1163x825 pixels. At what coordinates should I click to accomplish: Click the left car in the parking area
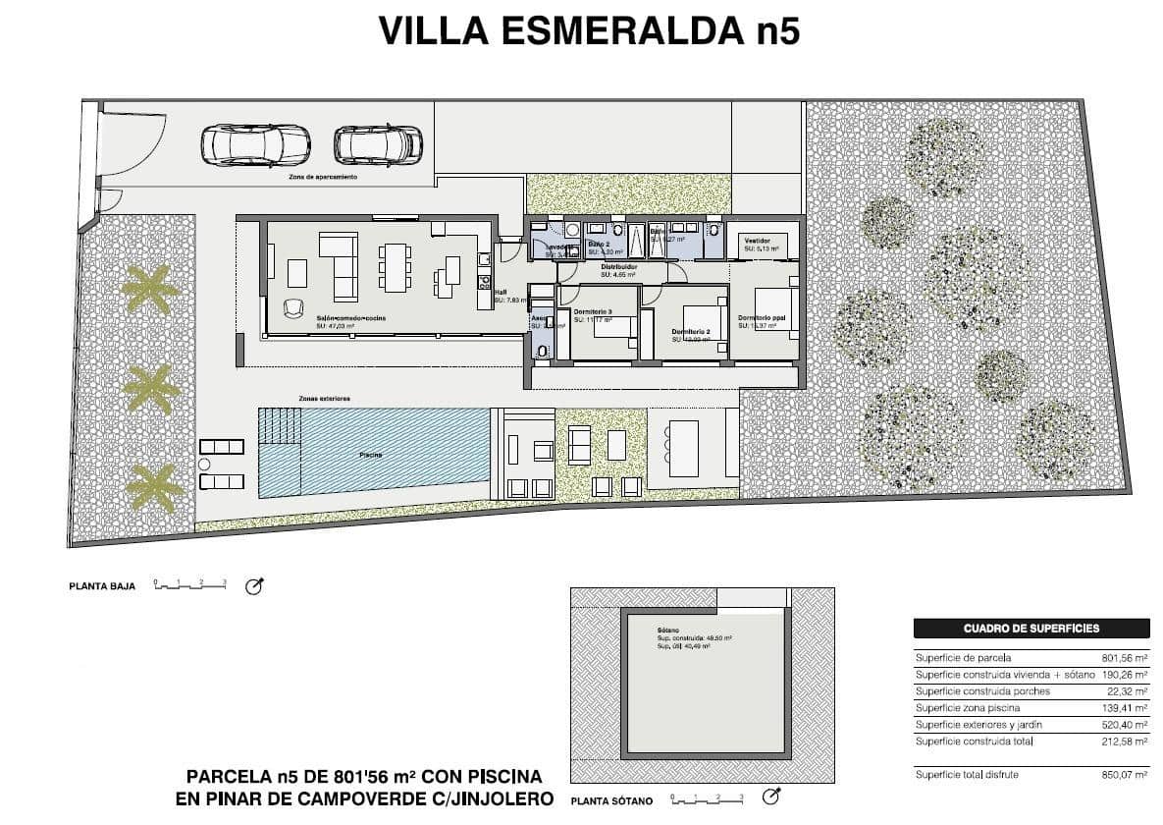pyautogui.click(x=241, y=144)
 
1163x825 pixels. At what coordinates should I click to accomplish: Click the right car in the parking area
pyautogui.click(x=378, y=144)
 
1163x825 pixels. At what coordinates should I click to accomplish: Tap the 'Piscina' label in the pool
pyautogui.click(x=370, y=456)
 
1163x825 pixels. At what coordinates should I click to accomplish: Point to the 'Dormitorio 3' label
pyautogui.click(x=593, y=311)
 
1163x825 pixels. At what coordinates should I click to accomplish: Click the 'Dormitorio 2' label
pyautogui.click(x=691, y=332)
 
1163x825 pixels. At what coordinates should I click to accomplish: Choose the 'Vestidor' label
pyautogui.click(x=757, y=241)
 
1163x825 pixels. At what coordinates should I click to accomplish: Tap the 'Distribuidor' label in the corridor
pyautogui.click(x=619, y=267)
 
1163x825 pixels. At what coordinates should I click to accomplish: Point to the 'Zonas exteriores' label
pyautogui.click(x=325, y=399)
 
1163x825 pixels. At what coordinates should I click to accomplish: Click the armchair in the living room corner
pyautogui.click(x=293, y=308)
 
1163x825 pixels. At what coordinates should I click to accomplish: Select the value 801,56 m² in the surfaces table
pyautogui.click(x=1125, y=658)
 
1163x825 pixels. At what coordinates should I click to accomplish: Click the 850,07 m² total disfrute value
pyautogui.click(x=1125, y=775)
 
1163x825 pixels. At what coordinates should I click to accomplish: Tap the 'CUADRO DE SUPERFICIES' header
pyautogui.click(x=1031, y=629)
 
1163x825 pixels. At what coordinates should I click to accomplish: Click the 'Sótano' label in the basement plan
pyautogui.click(x=668, y=632)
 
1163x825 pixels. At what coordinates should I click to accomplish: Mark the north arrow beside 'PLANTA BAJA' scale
pyautogui.click(x=254, y=587)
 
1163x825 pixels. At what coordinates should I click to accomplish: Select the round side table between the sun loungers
pyautogui.click(x=205, y=464)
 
